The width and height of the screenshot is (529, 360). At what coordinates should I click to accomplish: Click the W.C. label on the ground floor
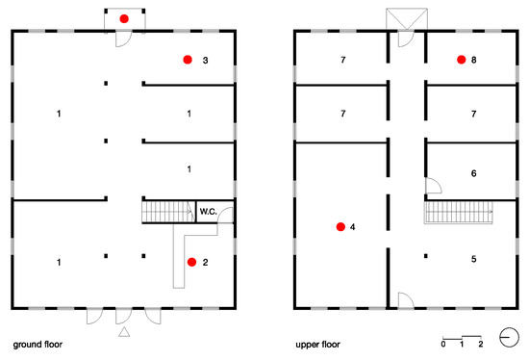click(x=208, y=212)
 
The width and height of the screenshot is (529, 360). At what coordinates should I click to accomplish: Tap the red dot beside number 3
click(x=188, y=60)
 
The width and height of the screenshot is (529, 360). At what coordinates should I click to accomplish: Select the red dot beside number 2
click(x=191, y=262)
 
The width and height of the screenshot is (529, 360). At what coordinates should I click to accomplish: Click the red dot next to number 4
click(x=340, y=226)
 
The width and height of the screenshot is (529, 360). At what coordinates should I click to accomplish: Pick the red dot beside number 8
click(x=461, y=60)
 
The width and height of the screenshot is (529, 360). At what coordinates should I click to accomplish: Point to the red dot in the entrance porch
click(x=124, y=18)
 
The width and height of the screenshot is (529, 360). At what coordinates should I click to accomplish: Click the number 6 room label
click(x=473, y=173)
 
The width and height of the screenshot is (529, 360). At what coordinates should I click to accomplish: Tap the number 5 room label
click(x=473, y=259)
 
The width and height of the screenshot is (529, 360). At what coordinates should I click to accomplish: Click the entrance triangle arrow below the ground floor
click(x=124, y=332)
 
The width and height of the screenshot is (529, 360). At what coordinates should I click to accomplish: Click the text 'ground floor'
click(x=38, y=345)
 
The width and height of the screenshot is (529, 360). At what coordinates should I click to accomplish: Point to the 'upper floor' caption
click(x=317, y=345)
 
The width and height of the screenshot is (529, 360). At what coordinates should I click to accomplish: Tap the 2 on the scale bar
click(x=480, y=345)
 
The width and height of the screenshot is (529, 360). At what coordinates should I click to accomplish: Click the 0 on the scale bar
click(x=443, y=345)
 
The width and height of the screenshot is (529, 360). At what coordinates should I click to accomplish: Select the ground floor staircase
click(x=168, y=212)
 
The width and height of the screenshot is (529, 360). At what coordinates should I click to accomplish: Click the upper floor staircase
click(x=459, y=212)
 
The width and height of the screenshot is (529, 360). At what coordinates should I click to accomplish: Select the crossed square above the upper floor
click(x=407, y=18)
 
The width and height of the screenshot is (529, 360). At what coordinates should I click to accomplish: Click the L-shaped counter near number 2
click(x=179, y=257)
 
